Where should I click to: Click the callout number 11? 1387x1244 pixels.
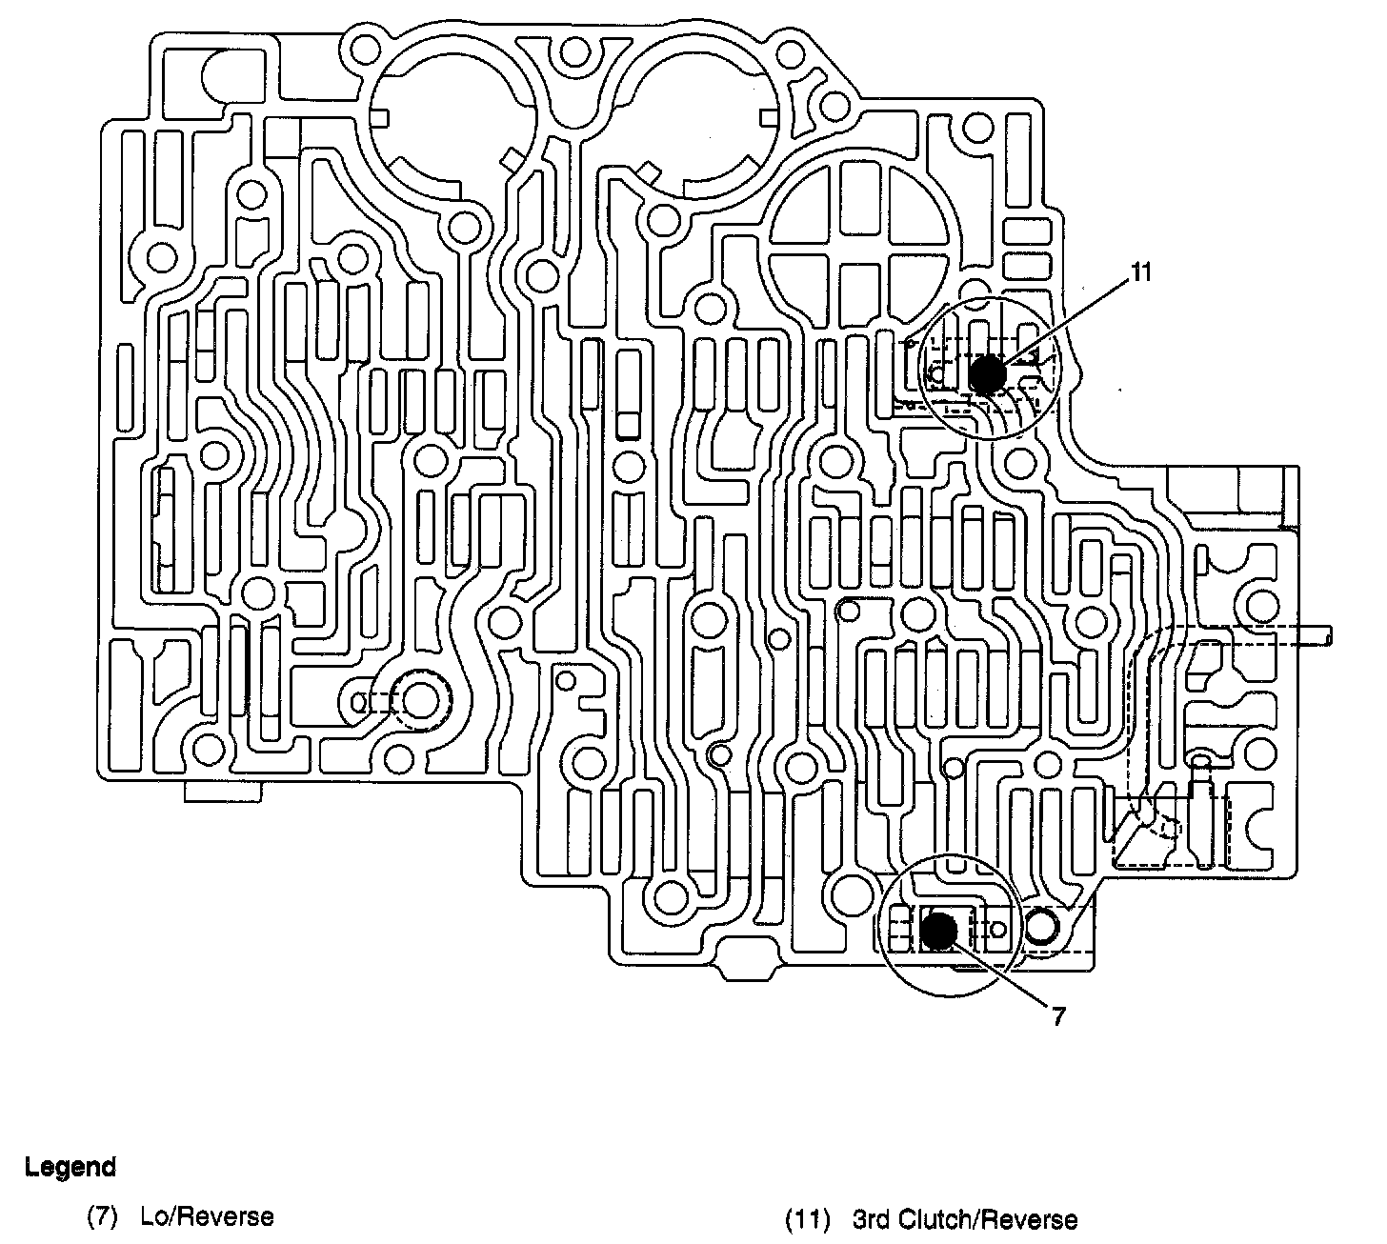[x=1140, y=272]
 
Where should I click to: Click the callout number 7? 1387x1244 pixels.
[x=1058, y=1016]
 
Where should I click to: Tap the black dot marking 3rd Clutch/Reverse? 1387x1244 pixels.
[x=988, y=373]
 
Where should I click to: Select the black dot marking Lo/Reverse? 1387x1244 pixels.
[x=940, y=930]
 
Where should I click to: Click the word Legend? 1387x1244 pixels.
[x=70, y=1167]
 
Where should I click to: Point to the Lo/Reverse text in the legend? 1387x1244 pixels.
[x=207, y=1216]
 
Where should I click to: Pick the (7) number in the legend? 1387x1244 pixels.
[x=102, y=1217]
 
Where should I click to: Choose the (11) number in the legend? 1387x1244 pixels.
[x=806, y=1220]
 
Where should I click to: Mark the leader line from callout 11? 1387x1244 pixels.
[x=1067, y=322]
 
